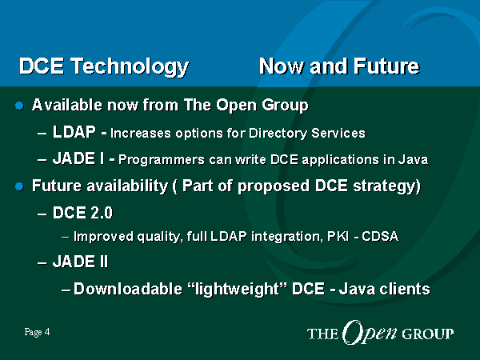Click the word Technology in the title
130,66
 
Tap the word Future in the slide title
386,66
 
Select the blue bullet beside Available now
19,106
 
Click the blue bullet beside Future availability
19,186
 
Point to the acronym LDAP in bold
74,132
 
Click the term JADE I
78,158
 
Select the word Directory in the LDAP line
278,134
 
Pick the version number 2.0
102,213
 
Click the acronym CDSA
380,236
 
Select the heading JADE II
80,262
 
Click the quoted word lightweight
237,289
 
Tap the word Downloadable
128,289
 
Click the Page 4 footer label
37,332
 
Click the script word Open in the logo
370,333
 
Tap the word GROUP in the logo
427,334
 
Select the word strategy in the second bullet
384,186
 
